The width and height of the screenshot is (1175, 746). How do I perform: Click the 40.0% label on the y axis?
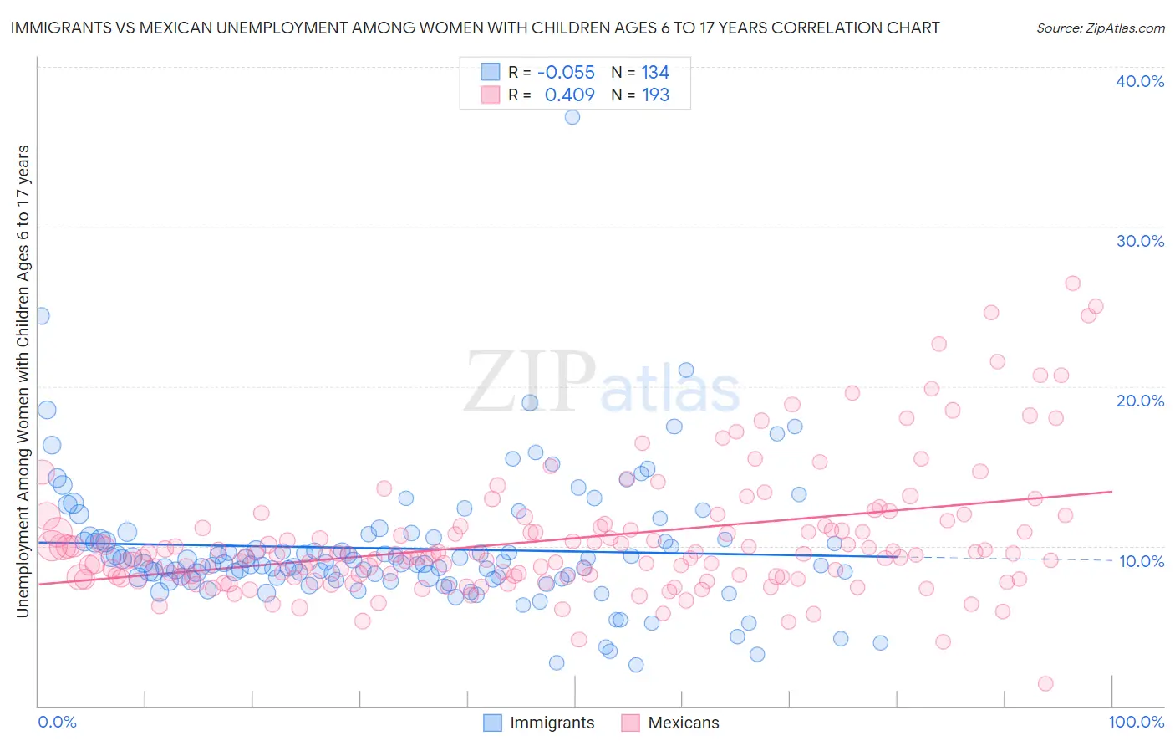click(x=1140, y=81)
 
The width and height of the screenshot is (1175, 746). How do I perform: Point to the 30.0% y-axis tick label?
click(x=1140, y=241)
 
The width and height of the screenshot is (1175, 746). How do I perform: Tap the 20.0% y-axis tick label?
click(x=1140, y=401)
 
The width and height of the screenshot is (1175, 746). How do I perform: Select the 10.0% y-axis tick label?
click(x=1141, y=561)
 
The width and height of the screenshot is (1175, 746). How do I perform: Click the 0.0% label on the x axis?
click(x=57, y=722)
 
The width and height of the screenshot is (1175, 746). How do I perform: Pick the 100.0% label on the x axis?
click(x=1136, y=722)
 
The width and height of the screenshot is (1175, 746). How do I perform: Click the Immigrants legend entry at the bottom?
click(x=552, y=723)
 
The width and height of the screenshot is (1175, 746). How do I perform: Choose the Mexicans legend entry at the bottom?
click(x=683, y=723)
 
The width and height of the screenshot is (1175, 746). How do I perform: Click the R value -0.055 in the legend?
click(x=566, y=73)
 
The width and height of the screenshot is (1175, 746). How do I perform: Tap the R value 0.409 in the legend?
click(x=569, y=95)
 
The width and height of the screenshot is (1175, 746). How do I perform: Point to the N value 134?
click(x=655, y=73)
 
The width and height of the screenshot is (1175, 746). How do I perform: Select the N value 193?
click(x=655, y=95)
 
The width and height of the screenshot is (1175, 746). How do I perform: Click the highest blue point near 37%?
click(x=572, y=117)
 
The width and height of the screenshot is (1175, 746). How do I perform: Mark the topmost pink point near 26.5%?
click(x=1073, y=284)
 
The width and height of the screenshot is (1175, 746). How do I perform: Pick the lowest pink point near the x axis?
click(x=1045, y=683)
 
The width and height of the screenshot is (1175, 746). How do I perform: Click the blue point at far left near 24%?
click(x=41, y=316)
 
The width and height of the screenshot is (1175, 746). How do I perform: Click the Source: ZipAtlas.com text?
click(x=1100, y=28)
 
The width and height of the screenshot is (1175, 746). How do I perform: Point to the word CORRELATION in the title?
click(x=823, y=28)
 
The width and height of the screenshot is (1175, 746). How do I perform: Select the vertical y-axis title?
click(x=23, y=381)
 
